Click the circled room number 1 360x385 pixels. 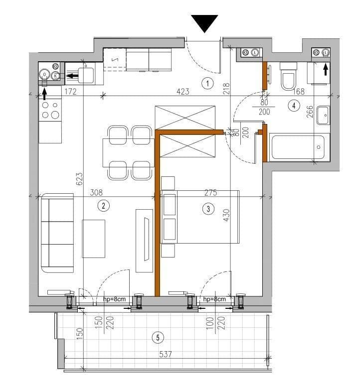[208, 83]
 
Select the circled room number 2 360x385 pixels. [103, 205]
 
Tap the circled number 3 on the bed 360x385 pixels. [208, 209]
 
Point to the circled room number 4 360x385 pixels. [295, 105]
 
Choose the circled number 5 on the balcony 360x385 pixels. [158, 338]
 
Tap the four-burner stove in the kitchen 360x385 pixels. [50, 110]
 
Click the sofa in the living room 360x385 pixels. [56, 234]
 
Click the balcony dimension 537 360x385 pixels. [165, 355]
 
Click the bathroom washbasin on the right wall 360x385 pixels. [323, 116]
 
